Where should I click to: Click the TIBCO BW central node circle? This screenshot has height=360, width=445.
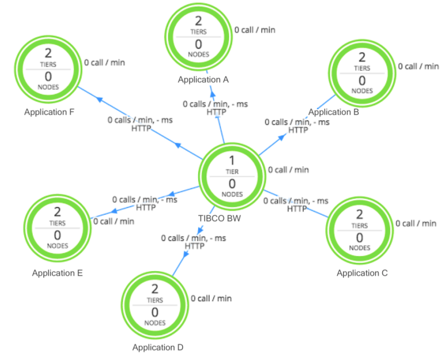(x=232, y=177)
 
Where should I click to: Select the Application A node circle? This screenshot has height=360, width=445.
(x=199, y=38)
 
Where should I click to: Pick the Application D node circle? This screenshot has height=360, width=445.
(x=155, y=305)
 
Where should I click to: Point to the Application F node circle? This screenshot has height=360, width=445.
(x=48, y=71)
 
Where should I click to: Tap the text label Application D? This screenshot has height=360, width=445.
(x=157, y=348)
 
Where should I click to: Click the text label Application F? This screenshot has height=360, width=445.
(x=50, y=112)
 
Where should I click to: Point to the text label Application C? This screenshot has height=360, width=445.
(x=362, y=273)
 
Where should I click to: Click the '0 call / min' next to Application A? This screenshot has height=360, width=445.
(x=255, y=30)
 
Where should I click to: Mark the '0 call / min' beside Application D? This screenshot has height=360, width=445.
(x=211, y=298)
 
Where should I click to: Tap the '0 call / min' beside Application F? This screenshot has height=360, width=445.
(x=105, y=63)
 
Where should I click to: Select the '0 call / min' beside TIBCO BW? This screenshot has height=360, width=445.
(x=288, y=170)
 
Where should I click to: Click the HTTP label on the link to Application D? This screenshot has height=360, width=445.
(x=195, y=246)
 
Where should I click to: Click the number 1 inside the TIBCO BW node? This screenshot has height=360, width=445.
(x=232, y=161)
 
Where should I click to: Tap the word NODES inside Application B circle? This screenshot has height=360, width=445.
(x=362, y=91)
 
